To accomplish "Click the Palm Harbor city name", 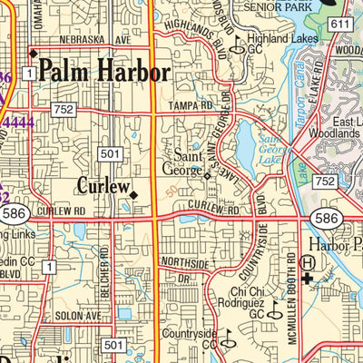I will point(104,72).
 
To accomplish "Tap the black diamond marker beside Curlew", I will point(133,194).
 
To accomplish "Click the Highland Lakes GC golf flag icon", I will point(235,51).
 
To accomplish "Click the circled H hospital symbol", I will point(309,262).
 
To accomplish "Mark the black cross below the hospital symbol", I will point(309,279).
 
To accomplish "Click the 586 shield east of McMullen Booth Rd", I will point(326,219).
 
